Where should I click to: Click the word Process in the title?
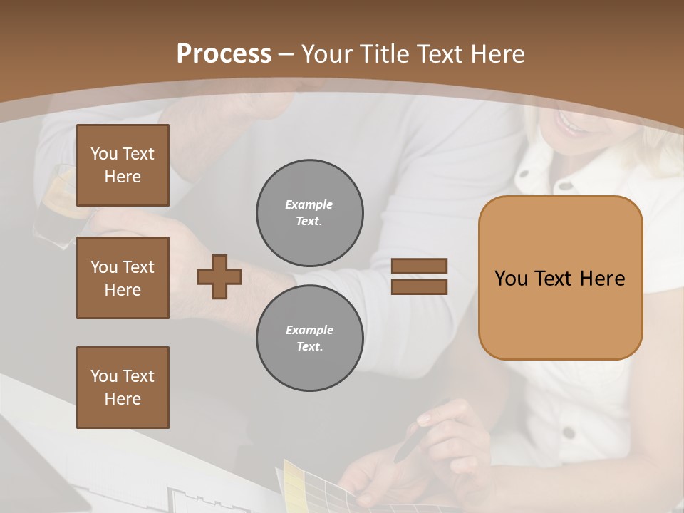(x=224, y=53)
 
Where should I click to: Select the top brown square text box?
(x=123, y=165)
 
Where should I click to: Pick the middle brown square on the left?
(x=123, y=278)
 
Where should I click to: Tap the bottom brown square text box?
(x=123, y=388)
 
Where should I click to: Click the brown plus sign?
(x=219, y=276)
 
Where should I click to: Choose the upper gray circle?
(x=309, y=213)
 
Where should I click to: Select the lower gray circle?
(x=309, y=338)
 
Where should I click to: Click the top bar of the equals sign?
(x=419, y=266)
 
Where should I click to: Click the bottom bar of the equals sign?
(x=419, y=286)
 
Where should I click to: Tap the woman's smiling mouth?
(x=570, y=123)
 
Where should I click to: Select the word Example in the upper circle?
(x=309, y=204)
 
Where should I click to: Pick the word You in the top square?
(x=103, y=154)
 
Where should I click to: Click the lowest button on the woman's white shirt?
(x=568, y=432)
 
